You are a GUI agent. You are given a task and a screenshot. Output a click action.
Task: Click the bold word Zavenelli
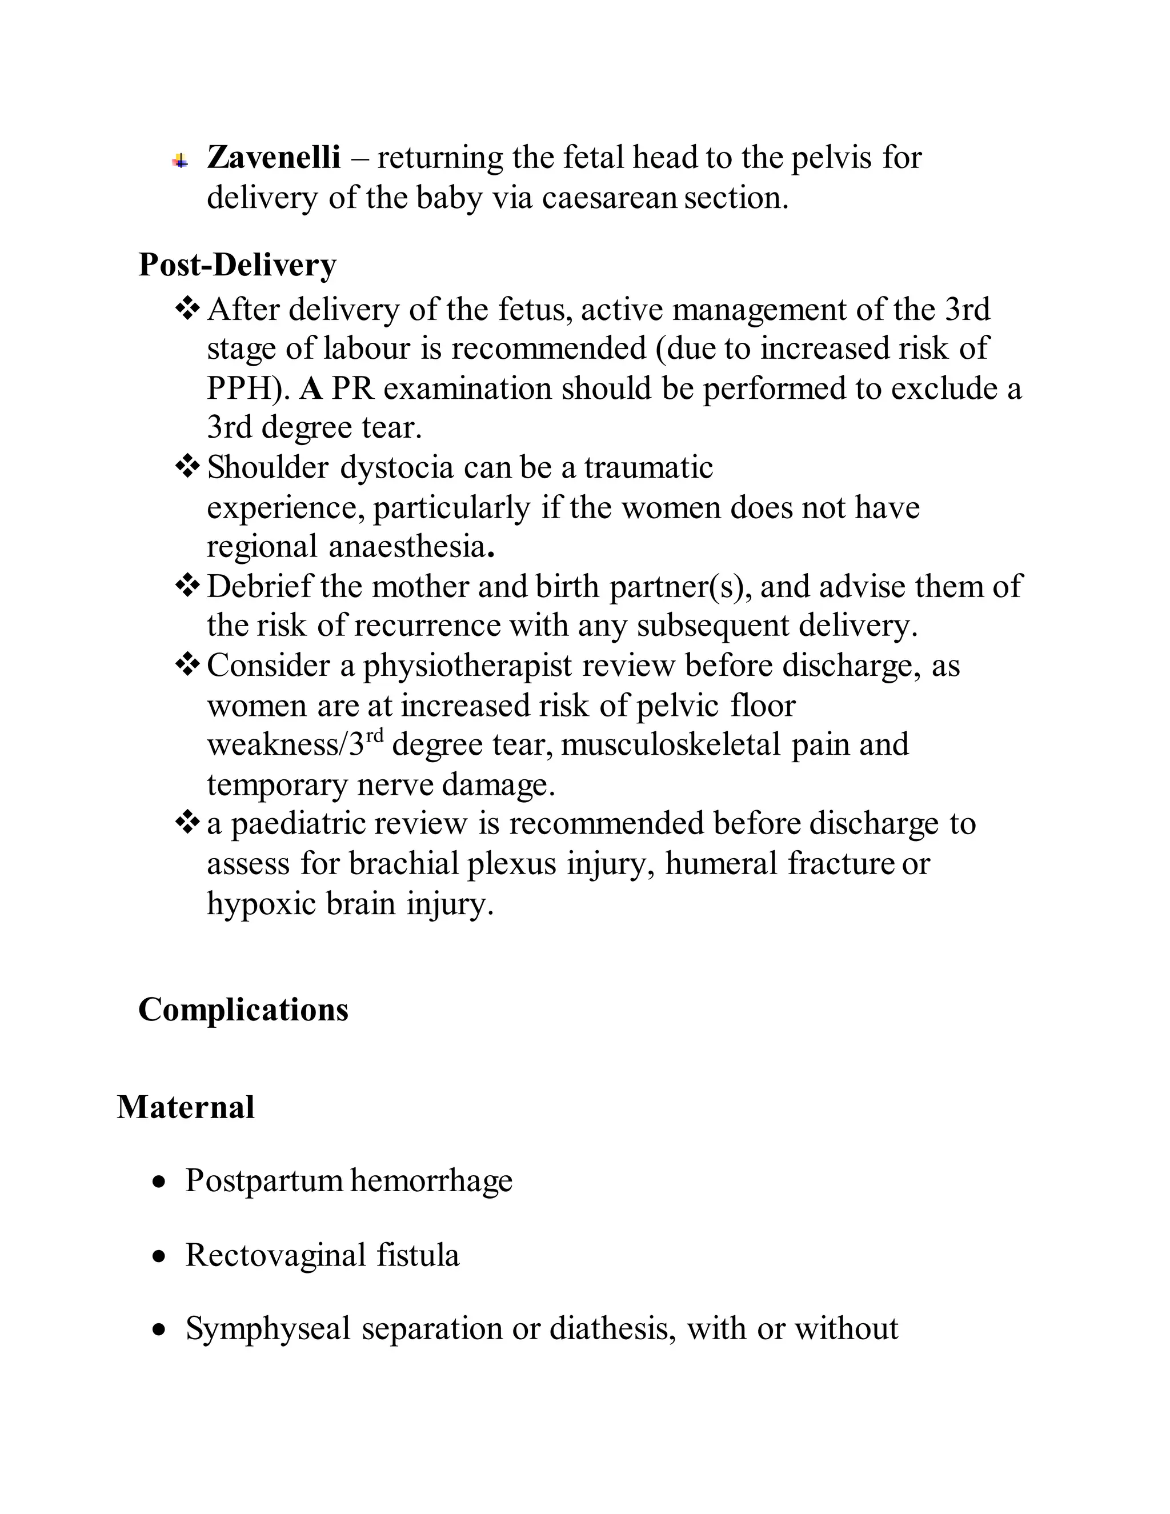coord(274,157)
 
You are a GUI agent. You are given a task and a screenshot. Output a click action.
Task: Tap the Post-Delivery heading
coord(237,265)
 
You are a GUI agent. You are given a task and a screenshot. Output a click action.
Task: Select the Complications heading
coord(243,1010)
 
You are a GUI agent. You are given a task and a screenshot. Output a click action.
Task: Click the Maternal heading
coord(185,1107)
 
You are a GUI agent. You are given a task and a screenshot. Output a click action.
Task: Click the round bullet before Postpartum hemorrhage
coord(160,1182)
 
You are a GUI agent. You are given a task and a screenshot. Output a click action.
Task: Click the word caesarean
coord(608,198)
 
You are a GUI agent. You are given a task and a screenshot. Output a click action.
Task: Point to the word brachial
coord(404,864)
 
